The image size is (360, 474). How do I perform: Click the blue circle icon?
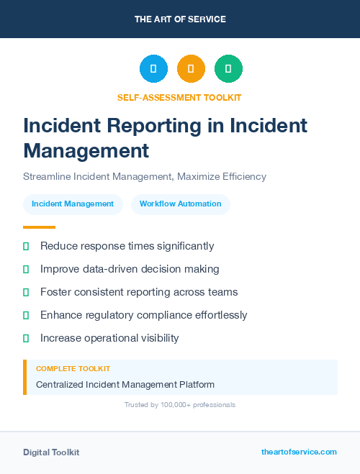pyautogui.click(x=153, y=68)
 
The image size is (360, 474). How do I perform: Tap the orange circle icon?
pyautogui.click(x=191, y=68)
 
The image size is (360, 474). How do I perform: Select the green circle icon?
pyautogui.click(x=228, y=68)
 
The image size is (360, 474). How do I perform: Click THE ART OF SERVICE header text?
pyautogui.click(x=180, y=19)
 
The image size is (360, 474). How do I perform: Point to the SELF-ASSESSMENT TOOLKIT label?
pyautogui.click(x=179, y=97)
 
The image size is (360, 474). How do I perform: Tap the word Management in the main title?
pyautogui.click(x=86, y=150)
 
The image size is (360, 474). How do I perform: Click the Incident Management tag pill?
pyautogui.click(x=73, y=204)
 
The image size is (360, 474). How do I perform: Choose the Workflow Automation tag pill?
pyautogui.click(x=181, y=204)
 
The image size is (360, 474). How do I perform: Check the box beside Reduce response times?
pyautogui.click(x=26, y=246)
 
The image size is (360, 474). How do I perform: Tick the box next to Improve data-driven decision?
pyautogui.click(x=26, y=269)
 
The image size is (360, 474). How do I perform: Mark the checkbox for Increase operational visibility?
pyautogui.click(x=26, y=338)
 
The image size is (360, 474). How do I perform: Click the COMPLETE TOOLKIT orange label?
pyautogui.click(x=73, y=368)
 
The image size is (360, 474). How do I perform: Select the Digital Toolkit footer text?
pyautogui.click(x=51, y=452)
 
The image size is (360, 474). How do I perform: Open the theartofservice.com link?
pyautogui.click(x=299, y=452)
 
